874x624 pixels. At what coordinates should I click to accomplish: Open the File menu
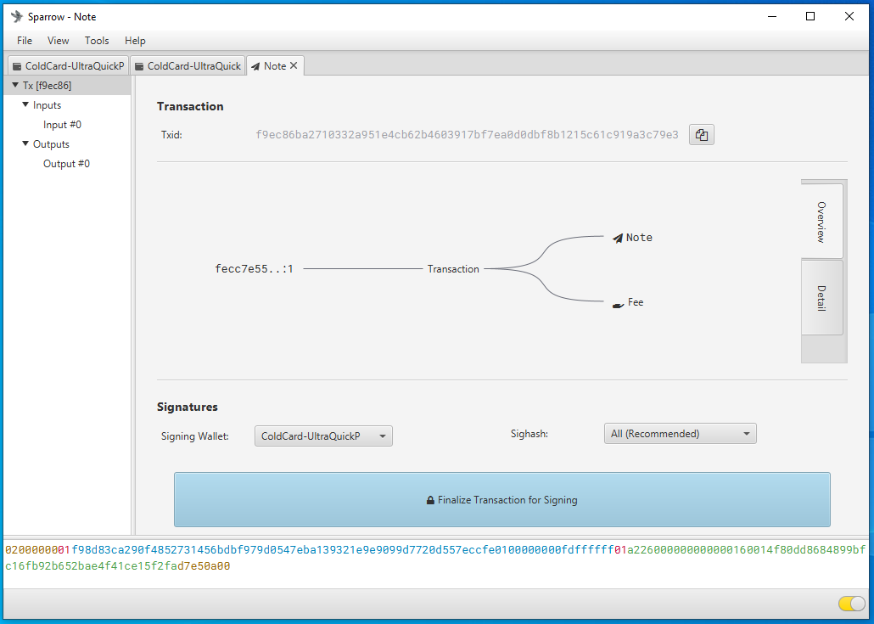click(x=25, y=41)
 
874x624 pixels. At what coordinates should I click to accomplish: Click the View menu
click(x=58, y=41)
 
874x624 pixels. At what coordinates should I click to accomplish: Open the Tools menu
click(x=97, y=41)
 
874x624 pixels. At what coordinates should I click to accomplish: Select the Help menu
click(x=135, y=41)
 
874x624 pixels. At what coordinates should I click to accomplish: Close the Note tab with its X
click(x=294, y=66)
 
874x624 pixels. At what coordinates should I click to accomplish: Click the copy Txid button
click(x=701, y=135)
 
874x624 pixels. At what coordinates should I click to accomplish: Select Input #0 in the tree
click(x=63, y=125)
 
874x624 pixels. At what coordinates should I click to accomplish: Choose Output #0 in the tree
click(x=66, y=164)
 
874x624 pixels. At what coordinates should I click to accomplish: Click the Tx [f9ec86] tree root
click(x=47, y=86)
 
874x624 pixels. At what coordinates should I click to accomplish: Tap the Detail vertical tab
click(x=821, y=298)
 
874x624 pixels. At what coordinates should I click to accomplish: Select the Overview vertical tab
click(x=821, y=222)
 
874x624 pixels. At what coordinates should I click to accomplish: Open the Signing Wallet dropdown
click(x=323, y=436)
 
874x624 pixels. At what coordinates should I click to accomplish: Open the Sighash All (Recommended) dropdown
click(x=680, y=434)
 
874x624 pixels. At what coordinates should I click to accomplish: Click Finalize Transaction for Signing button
click(x=501, y=500)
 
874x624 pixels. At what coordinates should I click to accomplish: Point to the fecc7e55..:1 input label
click(x=255, y=269)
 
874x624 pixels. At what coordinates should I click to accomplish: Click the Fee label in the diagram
click(x=636, y=302)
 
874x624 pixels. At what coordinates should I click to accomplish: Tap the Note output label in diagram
click(x=639, y=238)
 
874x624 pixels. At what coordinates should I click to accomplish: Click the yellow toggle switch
click(x=852, y=604)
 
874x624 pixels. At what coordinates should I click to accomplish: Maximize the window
click(x=810, y=17)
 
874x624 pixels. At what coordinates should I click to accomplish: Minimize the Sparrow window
click(x=772, y=17)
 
